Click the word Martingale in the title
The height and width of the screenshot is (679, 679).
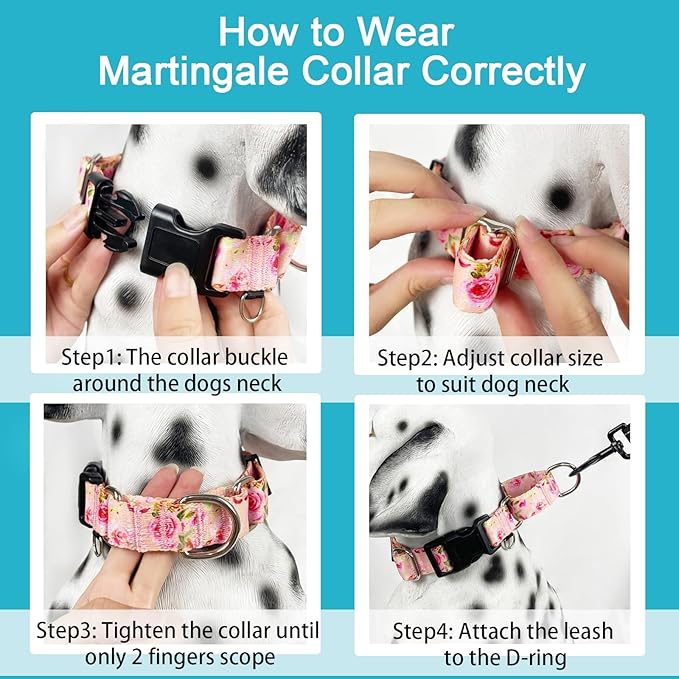coord(186,71)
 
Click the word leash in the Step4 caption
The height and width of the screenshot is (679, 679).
coord(584,632)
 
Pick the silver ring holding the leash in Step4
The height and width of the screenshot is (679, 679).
coord(562,477)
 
